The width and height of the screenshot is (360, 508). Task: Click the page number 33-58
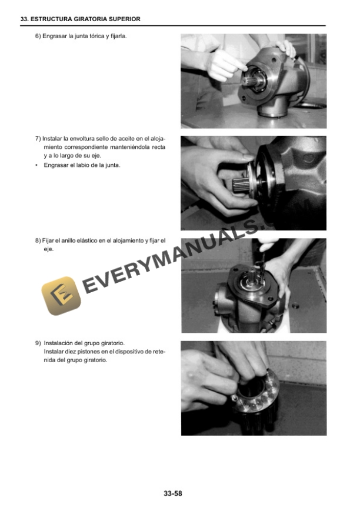(173, 493)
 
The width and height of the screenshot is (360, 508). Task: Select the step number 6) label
(38, 36)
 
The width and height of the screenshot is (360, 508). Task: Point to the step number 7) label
(38, 139)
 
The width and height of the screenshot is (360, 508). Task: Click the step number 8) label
(38, 240)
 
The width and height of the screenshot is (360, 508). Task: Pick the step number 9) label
(38, 343)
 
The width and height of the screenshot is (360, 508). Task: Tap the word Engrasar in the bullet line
(56, 165)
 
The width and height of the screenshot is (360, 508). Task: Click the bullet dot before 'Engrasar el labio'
(36, 165)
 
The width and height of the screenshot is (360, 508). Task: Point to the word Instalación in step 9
(58, 343)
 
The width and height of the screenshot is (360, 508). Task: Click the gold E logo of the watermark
(61, 296)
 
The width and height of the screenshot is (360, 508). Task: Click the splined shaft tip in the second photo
(240, 185)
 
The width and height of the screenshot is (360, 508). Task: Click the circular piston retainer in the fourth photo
(256, 392)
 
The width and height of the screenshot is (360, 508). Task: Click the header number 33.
(24, 19)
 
